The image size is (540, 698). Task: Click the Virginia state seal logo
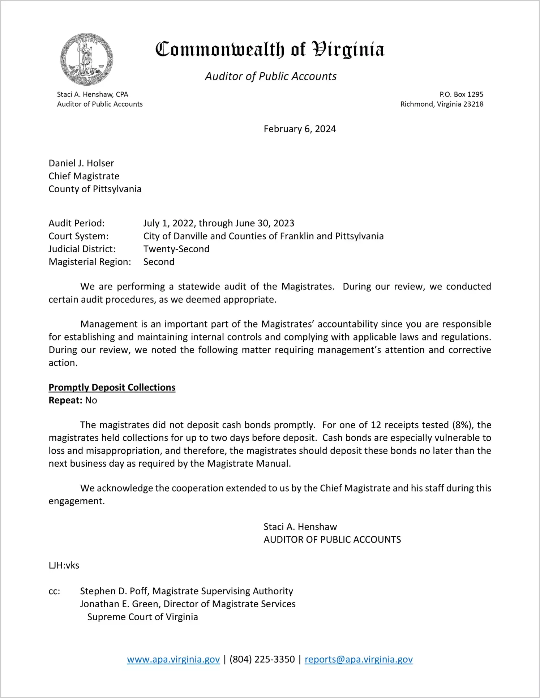(87, 59)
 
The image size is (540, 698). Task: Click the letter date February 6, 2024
(300, 129)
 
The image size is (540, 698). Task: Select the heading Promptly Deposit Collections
(112, 387)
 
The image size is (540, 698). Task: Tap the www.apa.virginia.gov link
(173, 659)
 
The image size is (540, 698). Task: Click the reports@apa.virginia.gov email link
(359, 659)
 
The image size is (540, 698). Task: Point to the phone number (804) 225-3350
(262, 659)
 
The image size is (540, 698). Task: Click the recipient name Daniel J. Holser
(81, 163)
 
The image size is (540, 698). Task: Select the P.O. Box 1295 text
(461, 94)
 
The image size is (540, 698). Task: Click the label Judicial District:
(82, 249)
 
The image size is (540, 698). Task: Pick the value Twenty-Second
(176, 249)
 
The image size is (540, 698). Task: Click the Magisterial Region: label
(90, 262)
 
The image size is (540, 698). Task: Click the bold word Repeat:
(65, 401)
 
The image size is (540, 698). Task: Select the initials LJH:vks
(64, 565)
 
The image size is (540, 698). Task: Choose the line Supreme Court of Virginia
(142, 617)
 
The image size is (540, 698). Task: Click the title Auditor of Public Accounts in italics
(271, 76)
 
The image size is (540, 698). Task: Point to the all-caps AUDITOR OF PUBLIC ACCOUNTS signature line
(332, 540)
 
